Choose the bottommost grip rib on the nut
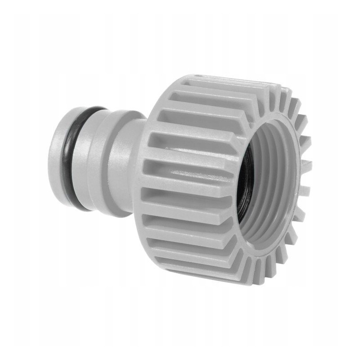point(207,270)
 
